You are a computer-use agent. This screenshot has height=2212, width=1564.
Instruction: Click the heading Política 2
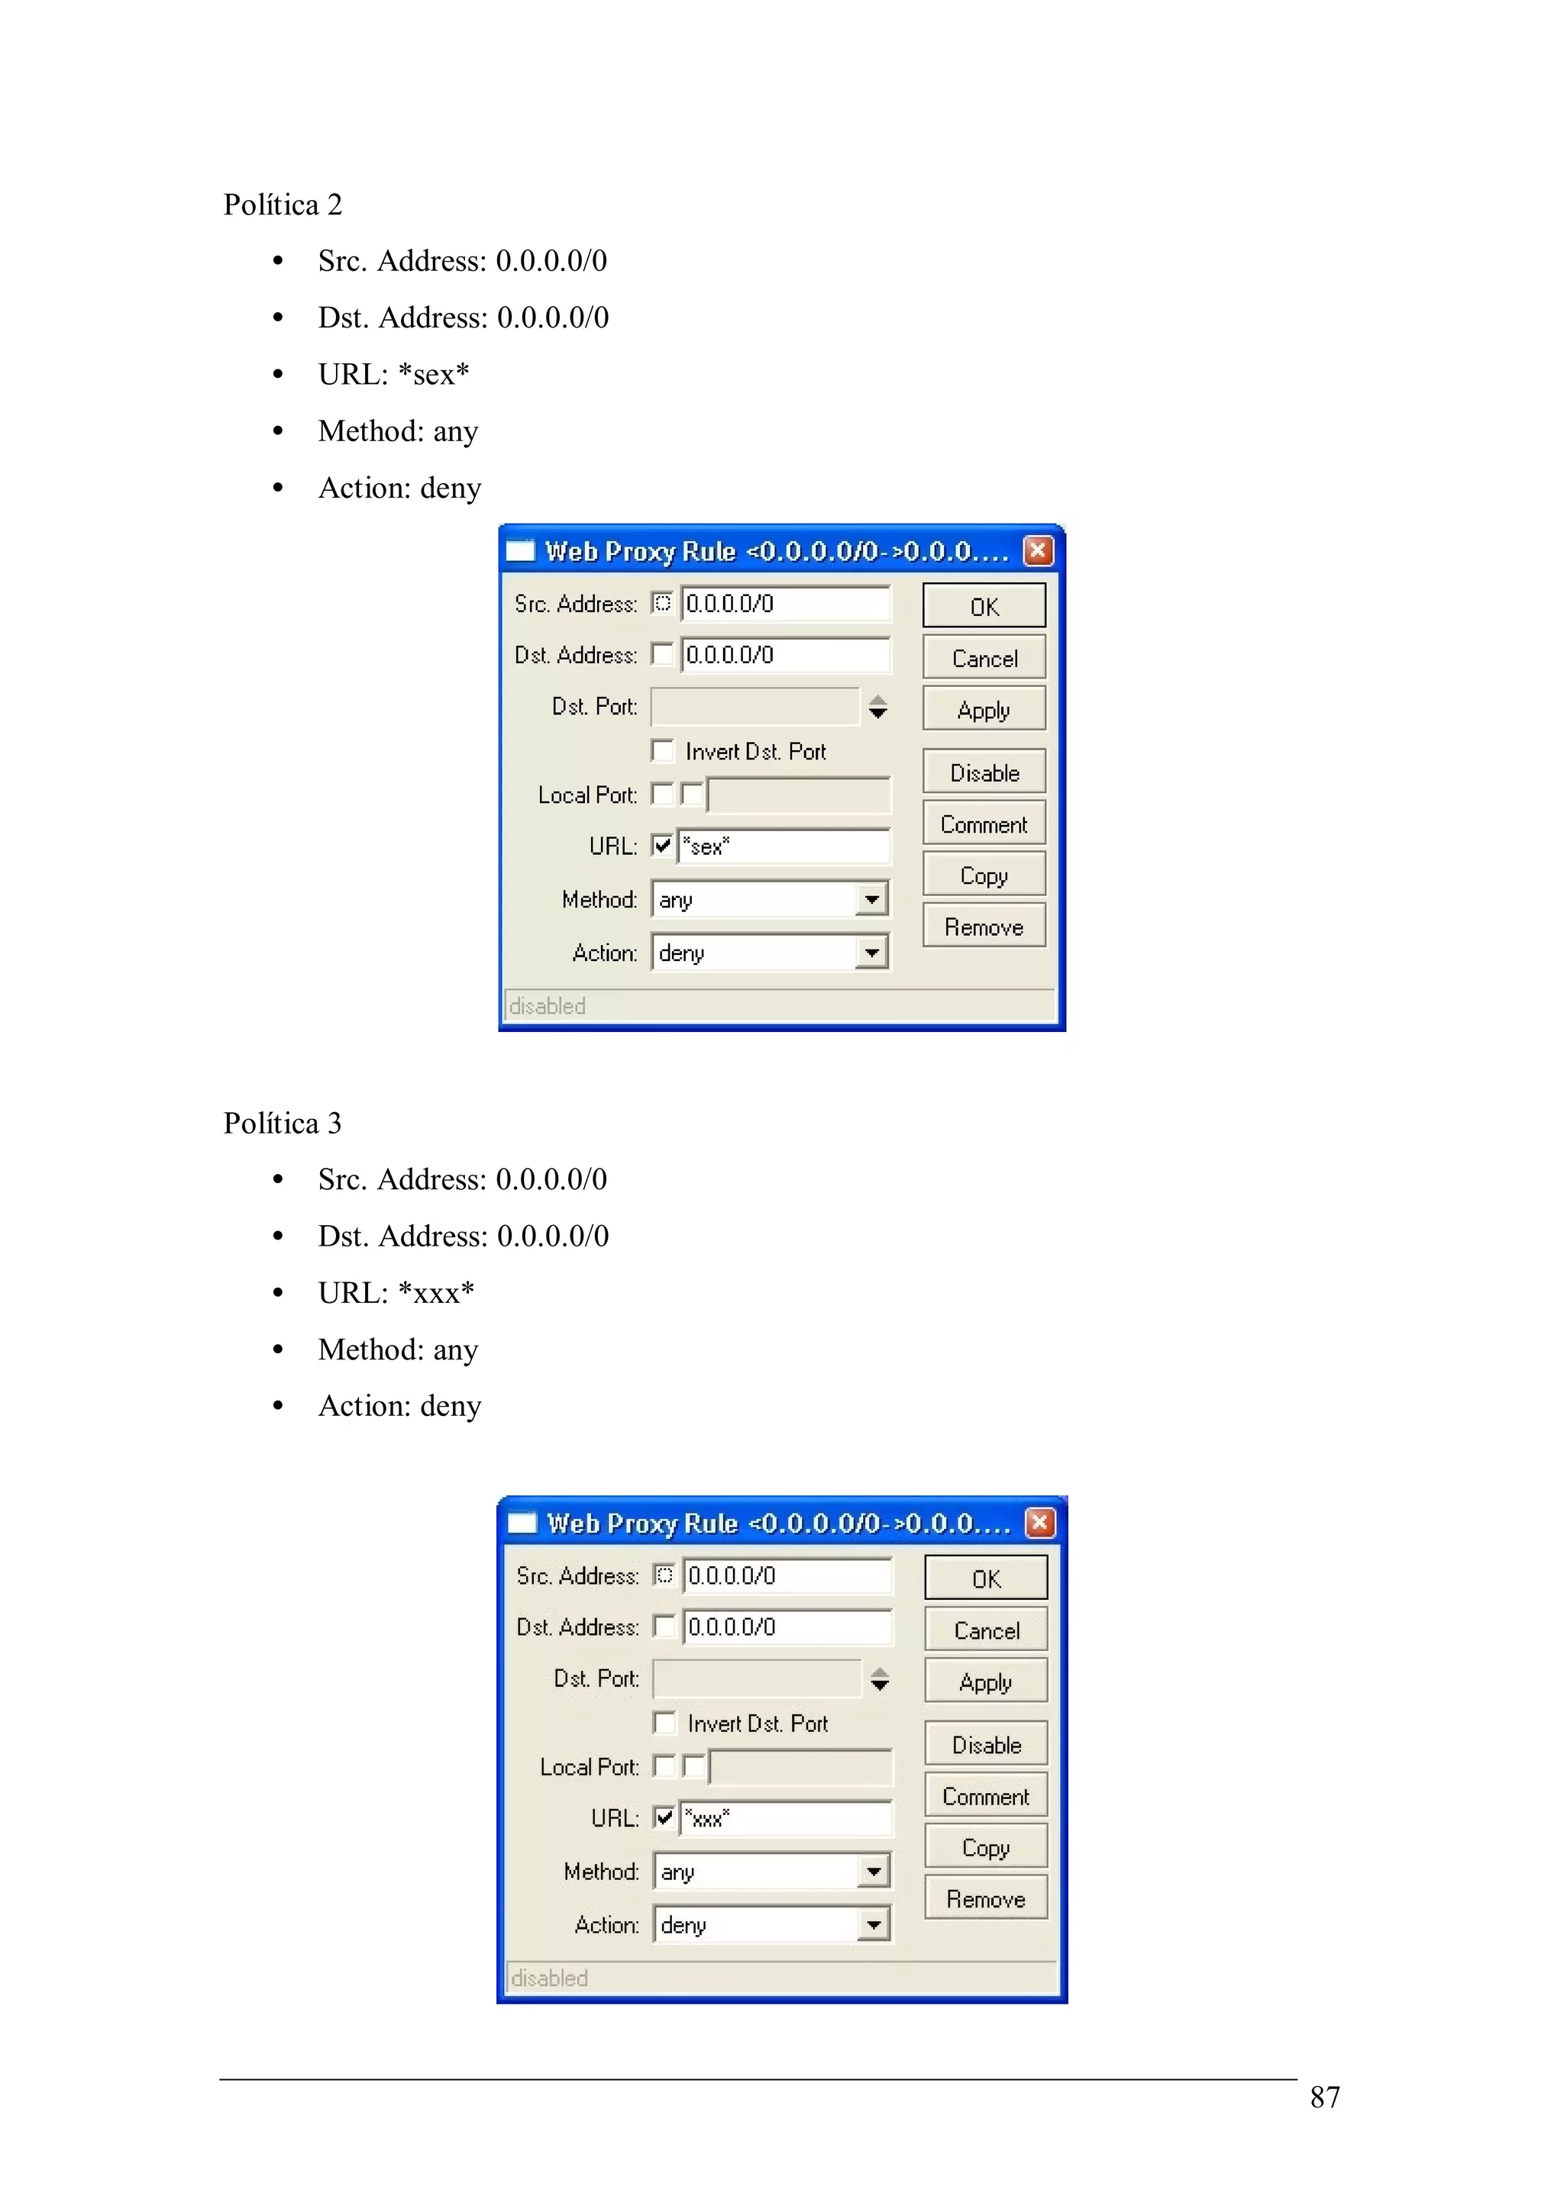pos(283,205)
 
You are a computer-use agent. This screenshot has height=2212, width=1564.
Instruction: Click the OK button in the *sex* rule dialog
pos(983,606)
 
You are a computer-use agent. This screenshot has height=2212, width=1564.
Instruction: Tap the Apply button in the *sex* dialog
pos(983,709)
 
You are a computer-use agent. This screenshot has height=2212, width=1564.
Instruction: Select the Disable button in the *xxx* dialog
pos(985,1744)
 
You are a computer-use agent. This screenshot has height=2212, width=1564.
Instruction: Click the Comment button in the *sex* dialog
pos(983,824)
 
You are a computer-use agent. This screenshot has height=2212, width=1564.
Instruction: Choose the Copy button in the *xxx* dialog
pos(985,1847)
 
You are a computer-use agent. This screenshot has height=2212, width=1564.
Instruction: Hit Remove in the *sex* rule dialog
pos(983,926)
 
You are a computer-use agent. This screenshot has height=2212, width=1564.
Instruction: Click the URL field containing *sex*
pos(783,846)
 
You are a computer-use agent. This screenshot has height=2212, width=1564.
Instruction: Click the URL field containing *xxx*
pos(784,1818)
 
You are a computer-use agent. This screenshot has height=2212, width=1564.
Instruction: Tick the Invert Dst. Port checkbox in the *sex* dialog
pos(662,750)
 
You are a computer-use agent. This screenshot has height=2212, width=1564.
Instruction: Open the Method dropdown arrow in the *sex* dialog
pos(871,899)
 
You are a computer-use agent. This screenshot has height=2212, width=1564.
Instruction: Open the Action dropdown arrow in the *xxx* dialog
pos(873,1924)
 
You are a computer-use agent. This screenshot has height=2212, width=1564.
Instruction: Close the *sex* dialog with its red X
pos(1037,550)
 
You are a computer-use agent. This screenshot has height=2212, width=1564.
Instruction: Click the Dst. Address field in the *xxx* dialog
pos(787,1627)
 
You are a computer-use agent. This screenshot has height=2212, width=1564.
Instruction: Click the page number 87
pos(1324,2097)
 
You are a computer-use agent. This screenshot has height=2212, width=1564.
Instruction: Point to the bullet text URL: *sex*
pos(393,374)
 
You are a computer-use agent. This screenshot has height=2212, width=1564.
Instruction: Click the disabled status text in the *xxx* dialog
pos(549,1977)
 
